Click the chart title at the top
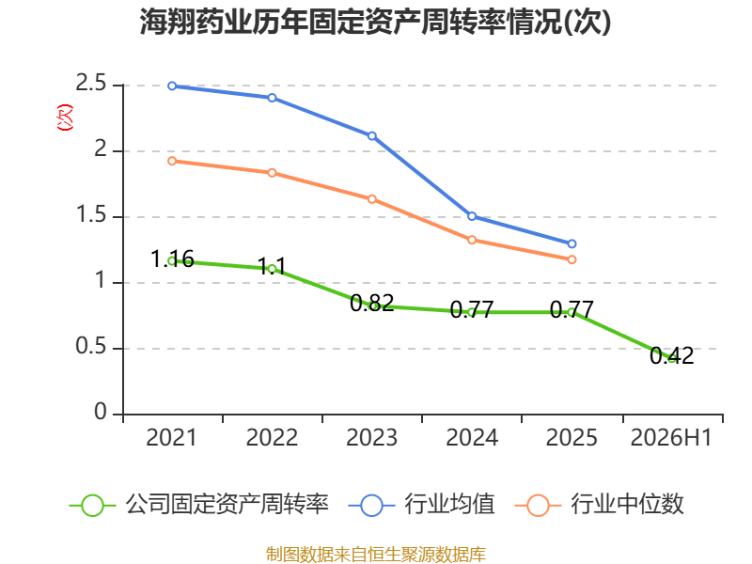click(x=375, y=22)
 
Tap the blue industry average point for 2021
click(x=172, y=86)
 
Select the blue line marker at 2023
click(x=371, y=136)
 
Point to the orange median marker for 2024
click(x=472, y=240)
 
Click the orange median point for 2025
click(x=572, y=259)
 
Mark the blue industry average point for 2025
click(x=572, y=244)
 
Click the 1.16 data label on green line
click(x=172, y=259)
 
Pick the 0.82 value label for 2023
click(x=371, y=303)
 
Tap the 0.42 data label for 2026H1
click(x=671, y=356)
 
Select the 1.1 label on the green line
click(x=272, y=267)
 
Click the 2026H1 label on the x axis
click(x=671, y=438)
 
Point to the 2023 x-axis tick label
click(x=371, y=438)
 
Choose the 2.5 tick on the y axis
click(x=91, y=84)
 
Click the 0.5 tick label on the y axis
click(x=91, y=346)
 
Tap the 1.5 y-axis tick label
click(x=91, y=215)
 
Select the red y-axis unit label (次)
click(x=65, y=117)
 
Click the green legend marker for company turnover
click(x=92, y=506)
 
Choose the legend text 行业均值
click(x=449, y=505)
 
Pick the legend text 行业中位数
click(x=627, y=505)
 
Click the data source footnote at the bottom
click(x=376, y=555)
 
